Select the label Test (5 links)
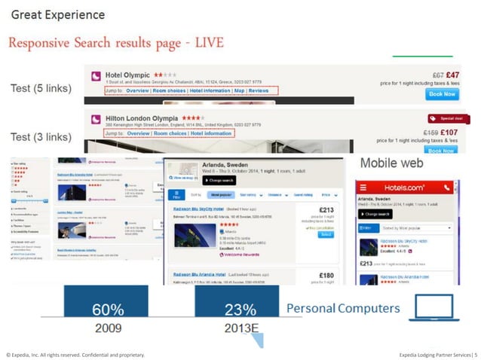41,89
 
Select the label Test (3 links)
41,136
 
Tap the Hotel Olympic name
129,76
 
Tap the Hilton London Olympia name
142,119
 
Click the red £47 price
452,75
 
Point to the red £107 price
450,133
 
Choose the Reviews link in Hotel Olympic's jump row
259,90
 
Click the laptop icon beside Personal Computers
434,309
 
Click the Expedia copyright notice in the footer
74,353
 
